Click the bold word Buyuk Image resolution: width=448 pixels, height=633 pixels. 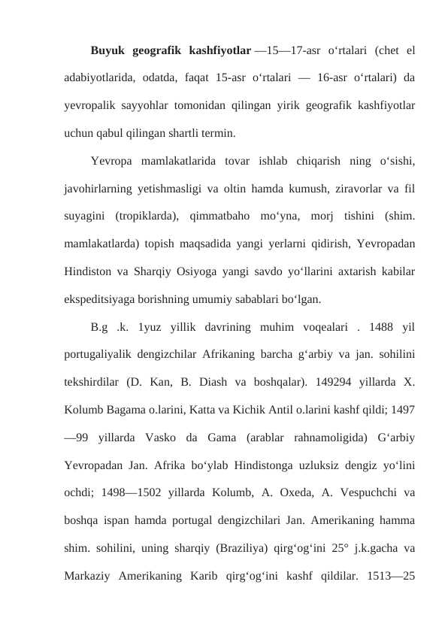(x=108, y=52)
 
